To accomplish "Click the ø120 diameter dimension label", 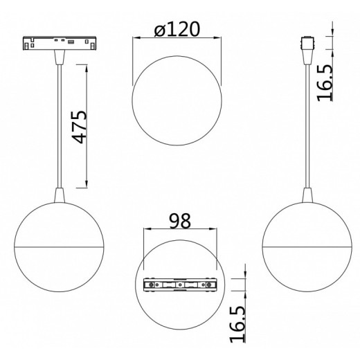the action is (177, 29).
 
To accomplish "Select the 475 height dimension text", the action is (80, 127).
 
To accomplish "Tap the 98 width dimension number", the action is (180, 221).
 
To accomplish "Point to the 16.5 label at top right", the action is (325, 83).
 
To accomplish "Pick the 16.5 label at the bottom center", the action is (237, 324).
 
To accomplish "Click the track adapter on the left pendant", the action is (60, 43).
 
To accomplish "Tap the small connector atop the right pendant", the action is (307, 43).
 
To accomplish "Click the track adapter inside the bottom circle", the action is (180, 285).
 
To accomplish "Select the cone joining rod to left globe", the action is (60, 195).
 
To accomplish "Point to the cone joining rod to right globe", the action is (307, 195).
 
